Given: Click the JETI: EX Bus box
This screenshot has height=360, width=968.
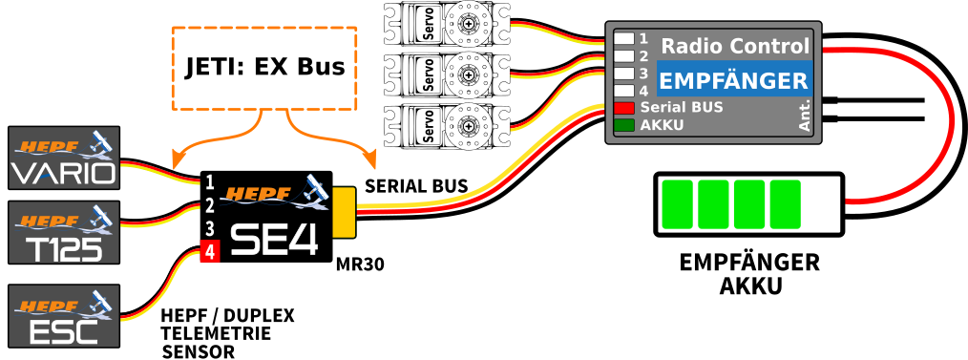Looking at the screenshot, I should (x=264, y=68).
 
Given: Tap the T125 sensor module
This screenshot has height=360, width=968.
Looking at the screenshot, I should (x=64, y=232).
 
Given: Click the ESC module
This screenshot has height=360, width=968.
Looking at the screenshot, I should (x=64, y=316).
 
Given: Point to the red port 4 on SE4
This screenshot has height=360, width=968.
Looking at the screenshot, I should (x=209, y=253).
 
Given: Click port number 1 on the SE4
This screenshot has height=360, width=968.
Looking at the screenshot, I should (x=209, y=181).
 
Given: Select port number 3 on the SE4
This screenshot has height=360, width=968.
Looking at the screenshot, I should (x=209, y=229).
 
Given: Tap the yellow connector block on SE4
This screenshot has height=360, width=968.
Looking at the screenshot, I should (x=344, y=212).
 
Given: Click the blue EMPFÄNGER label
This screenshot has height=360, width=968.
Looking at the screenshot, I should (x=734, y=80).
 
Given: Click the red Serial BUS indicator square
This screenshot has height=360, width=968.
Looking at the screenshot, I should (x=623, y=108).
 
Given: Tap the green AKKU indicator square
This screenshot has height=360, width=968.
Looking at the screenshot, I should (x=623, y=125).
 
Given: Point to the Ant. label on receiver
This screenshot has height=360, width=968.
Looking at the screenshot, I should (x=805, y=114).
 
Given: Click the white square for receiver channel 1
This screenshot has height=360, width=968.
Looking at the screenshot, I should (x=623, y=39).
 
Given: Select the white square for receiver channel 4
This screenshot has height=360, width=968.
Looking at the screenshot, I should (x=623, y=91).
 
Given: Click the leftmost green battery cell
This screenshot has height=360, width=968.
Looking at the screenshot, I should (x=677, y=204).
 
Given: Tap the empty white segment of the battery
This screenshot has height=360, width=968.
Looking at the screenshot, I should (x=821, y=204).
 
